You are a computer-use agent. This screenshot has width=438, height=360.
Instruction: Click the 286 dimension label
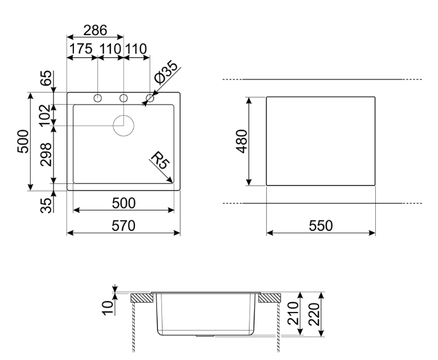[x=95, y=30]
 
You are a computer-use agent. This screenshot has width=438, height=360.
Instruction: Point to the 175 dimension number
[x=81, y=49]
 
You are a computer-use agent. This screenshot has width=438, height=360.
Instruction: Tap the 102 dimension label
[x=46, y=115]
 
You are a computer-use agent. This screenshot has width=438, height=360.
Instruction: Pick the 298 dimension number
[x=46, y=154]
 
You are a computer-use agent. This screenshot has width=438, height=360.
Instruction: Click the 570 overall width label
[x=123, y=226]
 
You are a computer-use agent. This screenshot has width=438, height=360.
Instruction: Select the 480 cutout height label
[x=242, y=141]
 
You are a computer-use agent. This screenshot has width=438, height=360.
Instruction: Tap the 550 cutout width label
[x=321, y=226]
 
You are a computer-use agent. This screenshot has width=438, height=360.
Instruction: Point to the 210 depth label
[x=293, y=313]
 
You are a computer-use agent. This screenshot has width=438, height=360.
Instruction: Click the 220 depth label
[x=314, y=314]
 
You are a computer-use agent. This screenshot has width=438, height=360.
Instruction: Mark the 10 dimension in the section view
[x=108, y=308]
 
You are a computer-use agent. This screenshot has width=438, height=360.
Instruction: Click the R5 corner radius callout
[x=159, y=160]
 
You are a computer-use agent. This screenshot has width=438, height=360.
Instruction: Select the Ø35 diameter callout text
[x=166, y=72]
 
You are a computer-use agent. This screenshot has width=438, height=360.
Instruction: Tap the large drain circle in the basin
[x=123, y=126]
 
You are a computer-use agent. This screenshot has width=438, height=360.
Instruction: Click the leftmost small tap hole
[x=97, y=98]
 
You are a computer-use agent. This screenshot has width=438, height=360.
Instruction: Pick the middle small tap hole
[x=123, y=98]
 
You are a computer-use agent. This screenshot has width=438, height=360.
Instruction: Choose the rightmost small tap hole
[x=150, y=98]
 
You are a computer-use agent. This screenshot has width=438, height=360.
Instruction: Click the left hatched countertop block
[x=142, y=298]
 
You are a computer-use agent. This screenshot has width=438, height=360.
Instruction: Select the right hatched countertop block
[x=270, y=298]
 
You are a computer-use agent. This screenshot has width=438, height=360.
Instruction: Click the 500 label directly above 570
[x=123, y=203]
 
